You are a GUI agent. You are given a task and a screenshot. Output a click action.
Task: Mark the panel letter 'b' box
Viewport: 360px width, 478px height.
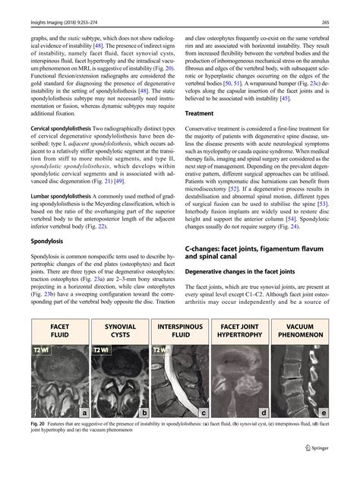[x=144, y=412]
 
